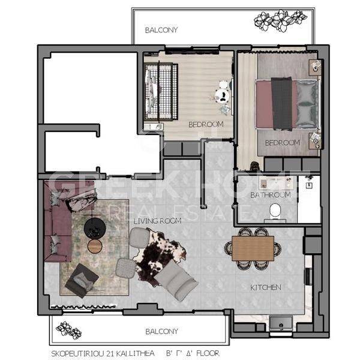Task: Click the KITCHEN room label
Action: (x=265, y=287)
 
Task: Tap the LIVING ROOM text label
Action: (x=157, y=221)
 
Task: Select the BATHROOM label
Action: (x=271, y=195)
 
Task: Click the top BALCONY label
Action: (x=161, y=30)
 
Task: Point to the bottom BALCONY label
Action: (x=161, y=331)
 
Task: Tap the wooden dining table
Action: (x=253, y=248)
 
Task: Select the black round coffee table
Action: (x=95, y=228)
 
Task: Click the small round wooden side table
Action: (x=95, y=246)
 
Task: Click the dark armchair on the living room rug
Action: (x=82, y=281)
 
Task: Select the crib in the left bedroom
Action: (x=161, y=91)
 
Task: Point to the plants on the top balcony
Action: (x=280, y=20)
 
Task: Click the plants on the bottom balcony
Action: (x=68, y=330)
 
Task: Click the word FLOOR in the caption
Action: (x=208, y=353)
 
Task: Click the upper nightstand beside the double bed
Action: (x=315, y=67)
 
